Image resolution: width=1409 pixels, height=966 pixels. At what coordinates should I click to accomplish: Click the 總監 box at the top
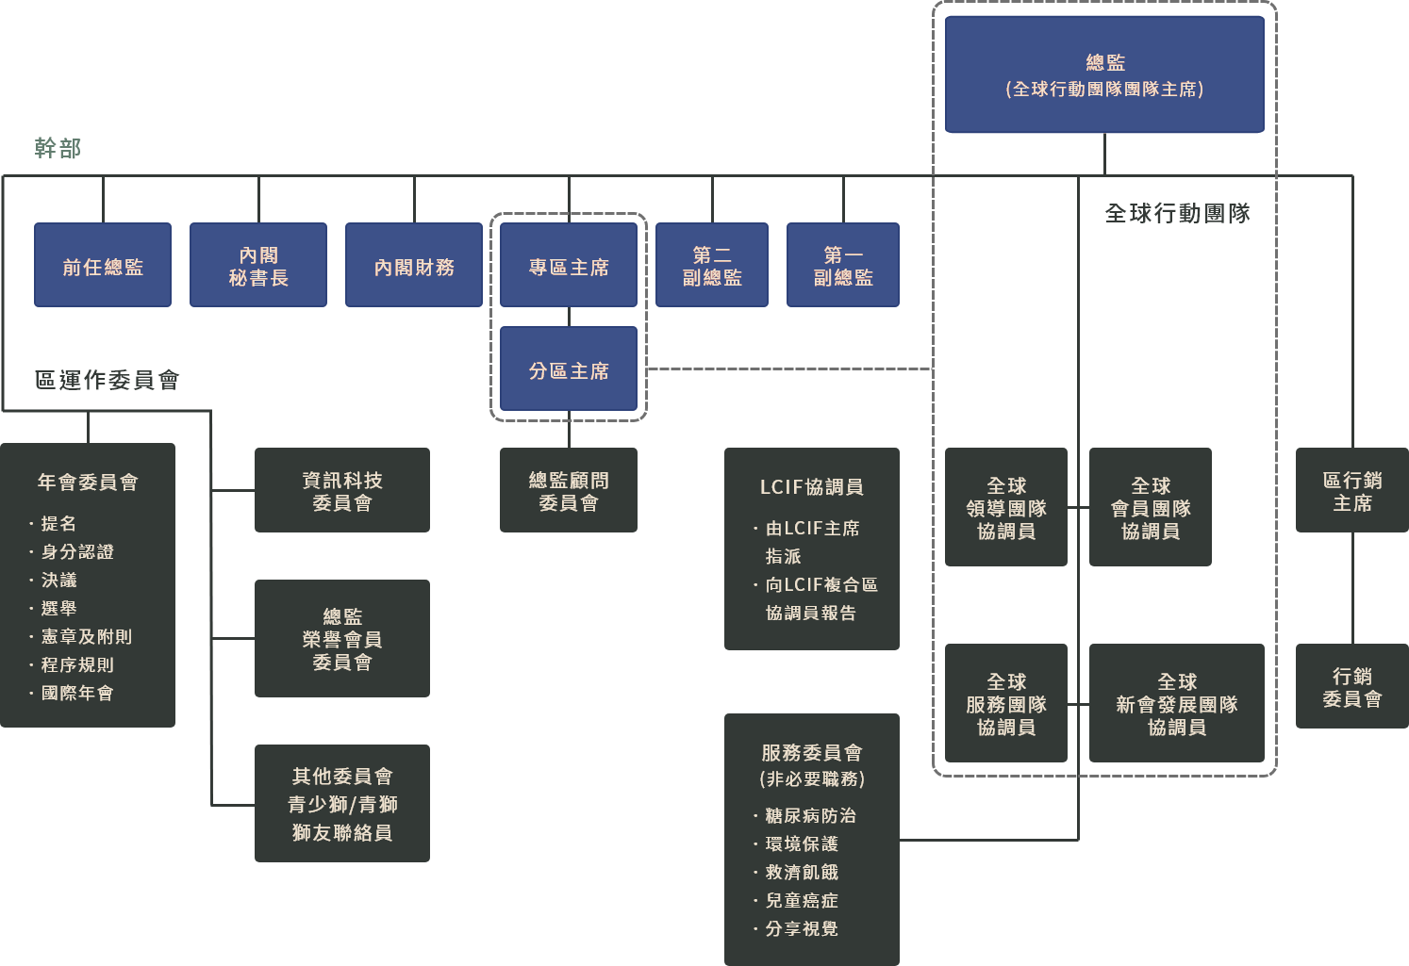pyautogui.click(x=1104, y=74)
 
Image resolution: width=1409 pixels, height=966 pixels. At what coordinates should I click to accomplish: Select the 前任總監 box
pyautogui.click(x=103, y=265)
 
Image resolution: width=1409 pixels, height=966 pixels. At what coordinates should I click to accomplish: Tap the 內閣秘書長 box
pyautogui.click(x=258, y=265)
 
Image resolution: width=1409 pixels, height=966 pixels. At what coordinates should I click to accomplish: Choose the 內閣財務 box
pyautogui.click(x=414, y=265)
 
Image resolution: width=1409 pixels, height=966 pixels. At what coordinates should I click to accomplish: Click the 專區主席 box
pyautogui.click(x=569, y=265)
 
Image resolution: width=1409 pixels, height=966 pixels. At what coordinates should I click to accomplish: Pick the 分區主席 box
pyautogui.click(x=569, y=368)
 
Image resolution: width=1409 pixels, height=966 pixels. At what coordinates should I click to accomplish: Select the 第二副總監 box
pyautogui.click(x=712, y=265)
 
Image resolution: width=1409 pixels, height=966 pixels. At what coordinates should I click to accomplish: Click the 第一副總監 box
pyautogui.click(x=843, y=265)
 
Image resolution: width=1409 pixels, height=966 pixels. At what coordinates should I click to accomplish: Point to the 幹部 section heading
pyautogui.click(x=58, y=148)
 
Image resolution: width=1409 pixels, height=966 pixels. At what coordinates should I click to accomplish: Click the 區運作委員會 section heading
pyautogui.click(x=107, y=380)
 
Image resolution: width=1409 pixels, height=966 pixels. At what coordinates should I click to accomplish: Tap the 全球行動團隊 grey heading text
pyautogui.click(x=1177, y=214)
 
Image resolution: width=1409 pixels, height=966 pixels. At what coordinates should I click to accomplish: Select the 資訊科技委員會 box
pyautogui.click(x=342, y=490)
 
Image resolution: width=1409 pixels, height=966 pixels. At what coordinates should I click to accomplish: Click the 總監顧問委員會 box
pyautogui.click(x=569, y=490)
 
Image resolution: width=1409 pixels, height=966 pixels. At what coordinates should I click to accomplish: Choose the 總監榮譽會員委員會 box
pyautogui.click(x=342, y=638)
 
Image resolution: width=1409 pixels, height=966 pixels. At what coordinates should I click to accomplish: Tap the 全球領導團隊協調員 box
pyautogui.click(x=1006, y=507)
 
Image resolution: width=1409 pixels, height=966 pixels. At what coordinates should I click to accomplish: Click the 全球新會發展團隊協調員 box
pyautogui.click(x=1176, y=703)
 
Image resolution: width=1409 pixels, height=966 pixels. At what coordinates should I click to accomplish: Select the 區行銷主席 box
pyautogui.click(x=1351, y=490)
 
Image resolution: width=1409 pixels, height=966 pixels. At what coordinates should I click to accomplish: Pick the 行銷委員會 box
pyautogui.click(x=1351, y=686)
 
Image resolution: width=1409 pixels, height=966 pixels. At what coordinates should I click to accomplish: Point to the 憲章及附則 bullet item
pyautogui.click(x=86, y=637)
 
